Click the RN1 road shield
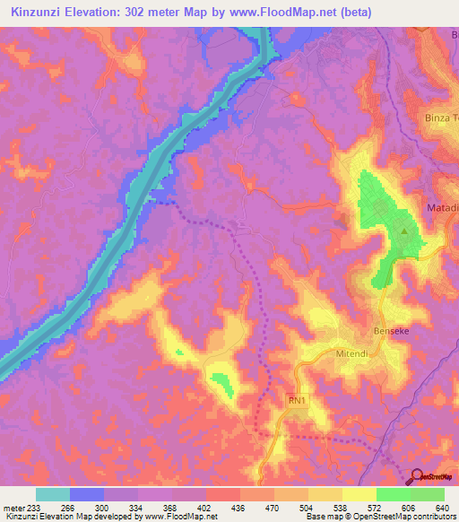click(x=298, y=401)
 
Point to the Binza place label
click(x=439, y=117)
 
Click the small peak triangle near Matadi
click(x=403, y=231)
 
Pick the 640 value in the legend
click(x=443, y=507)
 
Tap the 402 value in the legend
click(x=204, y=507)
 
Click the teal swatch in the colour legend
click(x=53, y=494)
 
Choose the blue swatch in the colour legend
click(x=87, y=494)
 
